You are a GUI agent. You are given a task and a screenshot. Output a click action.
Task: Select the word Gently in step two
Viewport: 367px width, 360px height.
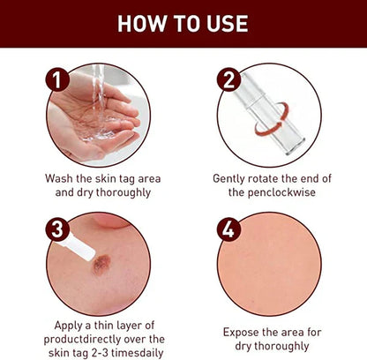(x=232, y=178)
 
